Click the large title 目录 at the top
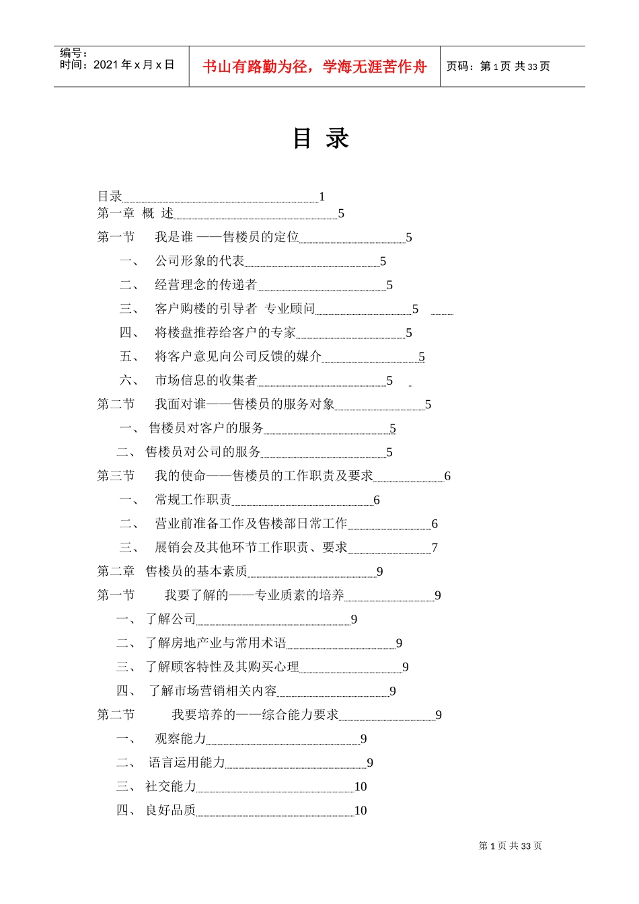321,138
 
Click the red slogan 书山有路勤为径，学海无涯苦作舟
315,67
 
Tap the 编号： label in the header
74,52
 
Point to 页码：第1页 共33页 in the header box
498,66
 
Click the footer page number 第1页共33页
510,845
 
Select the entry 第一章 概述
135,213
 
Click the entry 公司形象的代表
200,261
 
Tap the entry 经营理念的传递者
206,285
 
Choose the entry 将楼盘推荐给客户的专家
225,332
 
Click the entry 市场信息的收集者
206,380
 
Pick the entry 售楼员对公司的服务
203,452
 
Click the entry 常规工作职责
193,500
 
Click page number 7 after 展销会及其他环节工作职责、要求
435,548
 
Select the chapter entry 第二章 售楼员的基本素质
172,571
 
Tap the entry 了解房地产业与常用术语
216,643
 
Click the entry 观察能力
180,739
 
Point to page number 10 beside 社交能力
361,786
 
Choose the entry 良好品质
171,810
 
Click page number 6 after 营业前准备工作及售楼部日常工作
435,523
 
